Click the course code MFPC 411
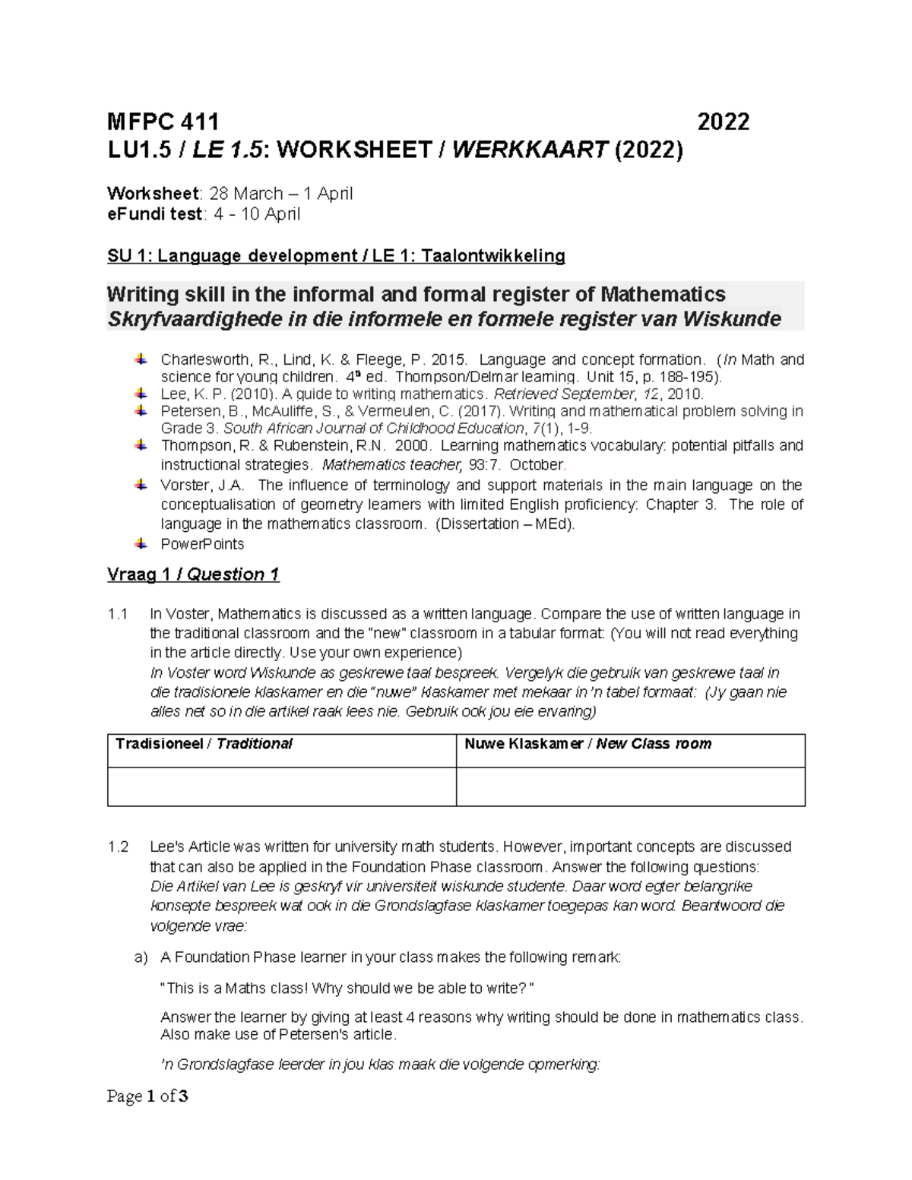[x=163, y=122]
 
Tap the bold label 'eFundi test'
[x=154, y=214]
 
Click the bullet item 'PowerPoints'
[x=202, y=544]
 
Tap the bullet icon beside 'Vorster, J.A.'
[x=141, y=485]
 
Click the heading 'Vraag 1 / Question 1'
[x=193, y=574]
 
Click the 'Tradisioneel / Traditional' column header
[x=204, y=744]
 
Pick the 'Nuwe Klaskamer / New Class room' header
[x=587, y=744]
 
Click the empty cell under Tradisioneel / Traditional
[x=281, y=786]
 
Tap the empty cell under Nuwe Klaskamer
[x=630, y=786]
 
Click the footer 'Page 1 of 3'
[x=147, y=1096]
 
